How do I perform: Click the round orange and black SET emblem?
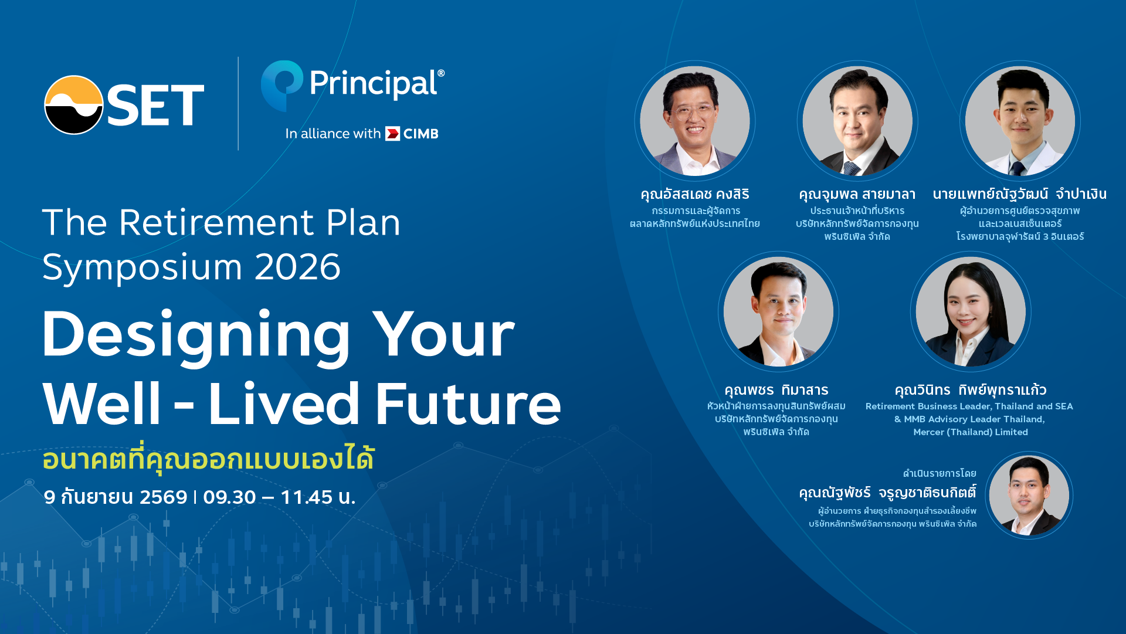(x=74, y=105)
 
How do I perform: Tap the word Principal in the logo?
(x=373, y=84)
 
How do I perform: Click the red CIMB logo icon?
(x=392, y=134)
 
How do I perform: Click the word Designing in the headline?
(x=196, y=335)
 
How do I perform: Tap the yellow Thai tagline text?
(x=208, y=459)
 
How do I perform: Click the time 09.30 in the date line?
(x=229, y=497)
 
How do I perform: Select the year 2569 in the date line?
(x=164, y=497)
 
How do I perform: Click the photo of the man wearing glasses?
(x=695, y=121)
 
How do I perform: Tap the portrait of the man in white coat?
(x=1020, y=121)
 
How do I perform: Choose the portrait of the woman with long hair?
(x=971, y=312)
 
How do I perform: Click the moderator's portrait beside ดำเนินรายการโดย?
(x=1029, y=496)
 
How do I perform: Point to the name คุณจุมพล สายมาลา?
(x=857, y=194)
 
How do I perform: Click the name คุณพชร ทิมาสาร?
(x=776, y=390)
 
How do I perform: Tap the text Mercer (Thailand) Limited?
(x=971, y=432)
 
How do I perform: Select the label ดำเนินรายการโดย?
(x=940, y=473)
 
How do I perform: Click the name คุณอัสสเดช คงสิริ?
(x=695, y=194)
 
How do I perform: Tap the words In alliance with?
(x=333, y=134)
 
